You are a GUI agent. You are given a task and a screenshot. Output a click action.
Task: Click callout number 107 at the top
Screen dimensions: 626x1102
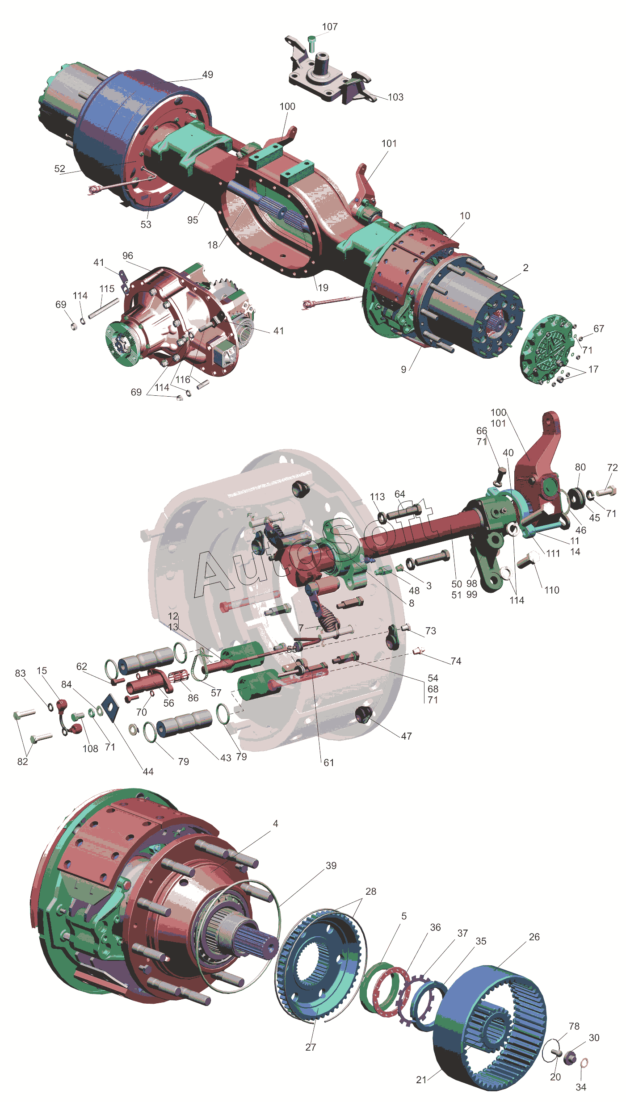330,27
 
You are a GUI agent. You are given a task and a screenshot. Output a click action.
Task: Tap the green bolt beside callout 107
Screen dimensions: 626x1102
312,44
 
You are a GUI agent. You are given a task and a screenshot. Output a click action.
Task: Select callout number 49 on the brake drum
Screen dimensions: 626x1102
208,75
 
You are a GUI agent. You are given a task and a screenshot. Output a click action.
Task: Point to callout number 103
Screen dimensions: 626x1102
395,97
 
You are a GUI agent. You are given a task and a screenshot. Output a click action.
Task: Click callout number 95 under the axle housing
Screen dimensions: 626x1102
193,220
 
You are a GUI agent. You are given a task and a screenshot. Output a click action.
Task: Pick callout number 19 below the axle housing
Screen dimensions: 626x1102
323,288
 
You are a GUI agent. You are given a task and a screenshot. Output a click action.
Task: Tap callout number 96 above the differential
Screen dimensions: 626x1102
128,256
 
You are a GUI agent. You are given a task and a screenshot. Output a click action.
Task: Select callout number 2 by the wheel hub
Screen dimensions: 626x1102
526,268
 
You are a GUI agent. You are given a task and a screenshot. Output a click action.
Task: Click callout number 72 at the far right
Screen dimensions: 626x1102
613,467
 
